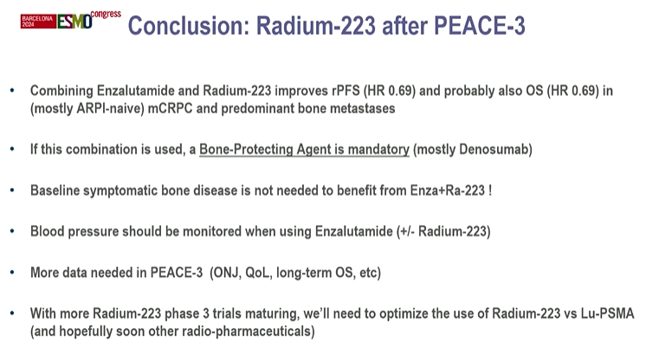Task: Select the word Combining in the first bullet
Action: tap(61, 91)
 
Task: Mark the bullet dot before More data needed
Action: tap(11, 272)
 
